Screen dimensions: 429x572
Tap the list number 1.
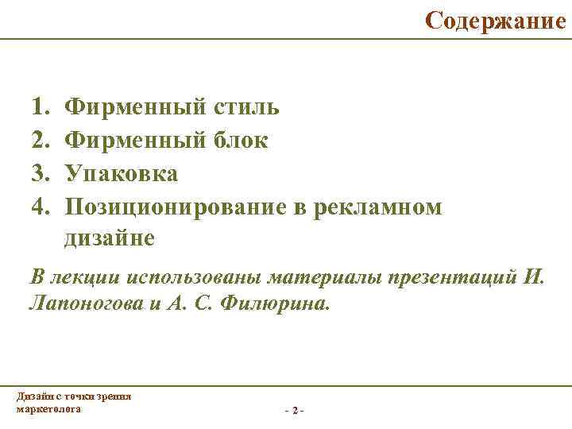pos(39,106)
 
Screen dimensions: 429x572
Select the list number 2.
pos(39,140)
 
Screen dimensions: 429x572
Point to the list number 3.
pos(39,173)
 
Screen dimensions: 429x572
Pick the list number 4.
pos(39,207)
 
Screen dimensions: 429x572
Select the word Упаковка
pos(122,173)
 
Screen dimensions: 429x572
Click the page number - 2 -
pos(293,410)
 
